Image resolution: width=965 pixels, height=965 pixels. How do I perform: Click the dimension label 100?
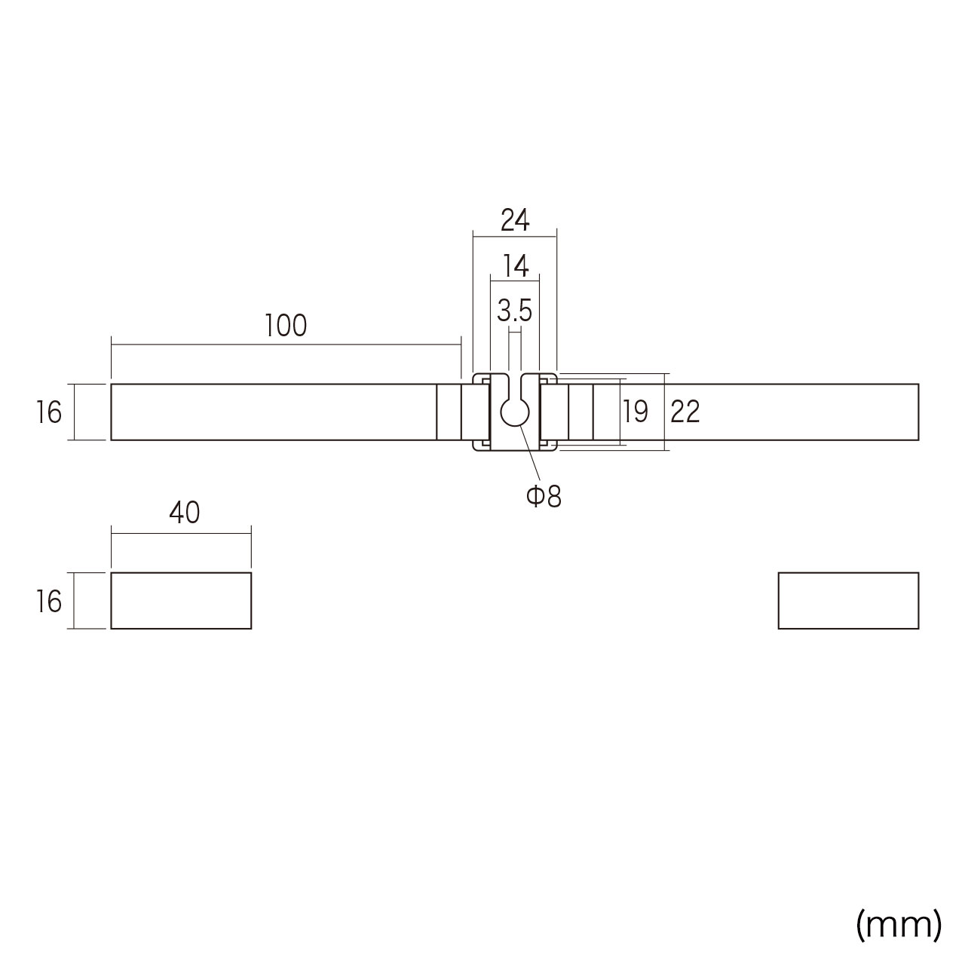285,326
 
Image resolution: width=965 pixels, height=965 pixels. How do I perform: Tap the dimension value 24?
515,220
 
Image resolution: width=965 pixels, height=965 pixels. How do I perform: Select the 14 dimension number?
516,266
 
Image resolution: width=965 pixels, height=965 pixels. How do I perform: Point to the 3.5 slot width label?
514,311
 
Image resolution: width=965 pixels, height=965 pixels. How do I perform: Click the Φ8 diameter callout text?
544,496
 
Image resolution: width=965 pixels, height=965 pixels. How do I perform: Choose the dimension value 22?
685,412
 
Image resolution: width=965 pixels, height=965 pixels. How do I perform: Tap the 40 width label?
184,513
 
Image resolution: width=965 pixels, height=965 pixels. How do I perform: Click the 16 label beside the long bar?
48,412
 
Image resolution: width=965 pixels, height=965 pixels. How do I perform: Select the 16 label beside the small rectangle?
48,601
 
